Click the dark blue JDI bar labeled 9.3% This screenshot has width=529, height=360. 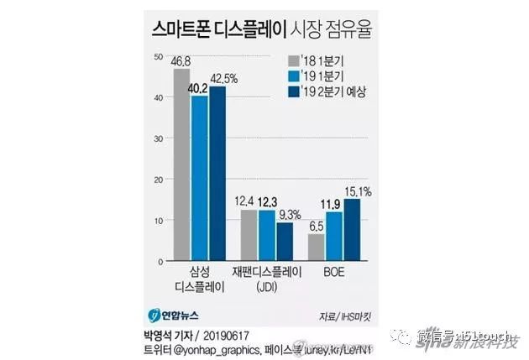coord(285,242)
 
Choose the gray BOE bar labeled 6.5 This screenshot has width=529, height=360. coord(317,248)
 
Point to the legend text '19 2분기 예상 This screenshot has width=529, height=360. coord(338,91)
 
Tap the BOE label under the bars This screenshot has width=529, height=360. coord(333,273)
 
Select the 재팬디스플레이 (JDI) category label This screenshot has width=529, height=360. coord(266,279)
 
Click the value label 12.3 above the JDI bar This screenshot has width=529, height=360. coord(267,202)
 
